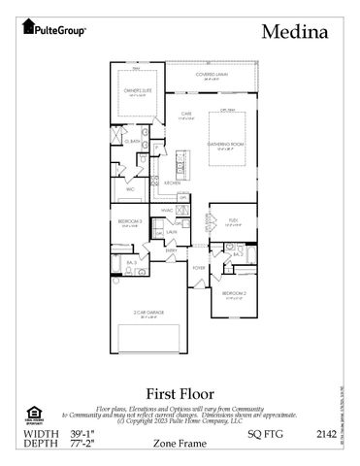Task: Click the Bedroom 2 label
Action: coord(233,292)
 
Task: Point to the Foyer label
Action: coord(198,267)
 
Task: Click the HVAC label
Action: coord(167,209)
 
